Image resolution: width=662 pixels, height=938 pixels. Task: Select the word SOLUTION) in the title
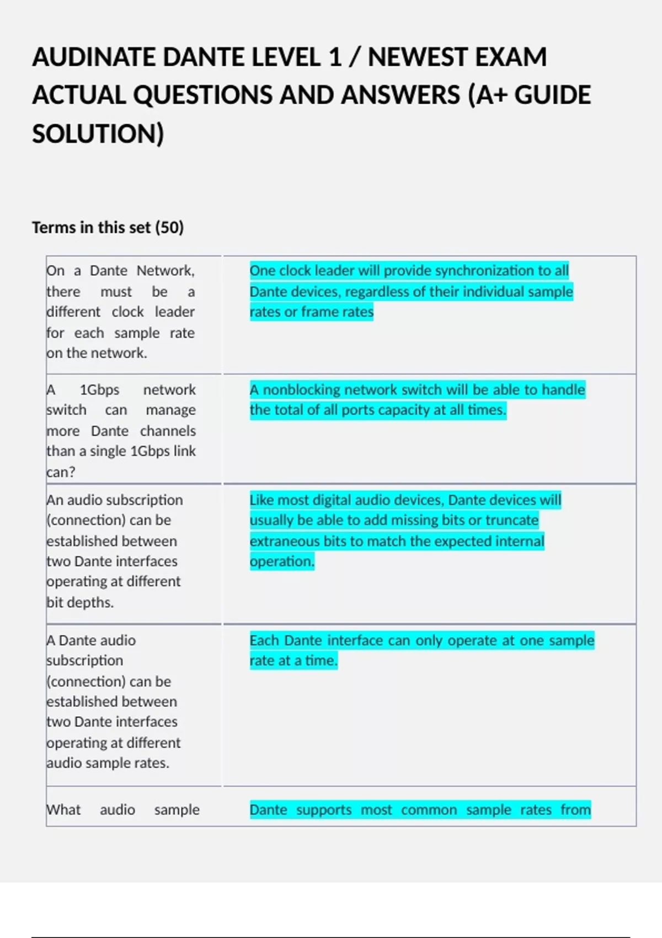(98, 134)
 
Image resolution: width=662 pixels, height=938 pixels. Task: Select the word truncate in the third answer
(511, 520)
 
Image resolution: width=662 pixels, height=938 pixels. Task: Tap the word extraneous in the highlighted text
(284, 541)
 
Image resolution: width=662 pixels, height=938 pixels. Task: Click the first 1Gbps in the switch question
(99, 390)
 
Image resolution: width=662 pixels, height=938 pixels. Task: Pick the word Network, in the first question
(165, 271)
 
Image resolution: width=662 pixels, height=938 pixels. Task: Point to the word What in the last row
(64, 810)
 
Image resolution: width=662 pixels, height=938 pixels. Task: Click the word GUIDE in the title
(552, 95)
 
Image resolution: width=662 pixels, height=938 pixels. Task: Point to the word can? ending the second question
(61, 472)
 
